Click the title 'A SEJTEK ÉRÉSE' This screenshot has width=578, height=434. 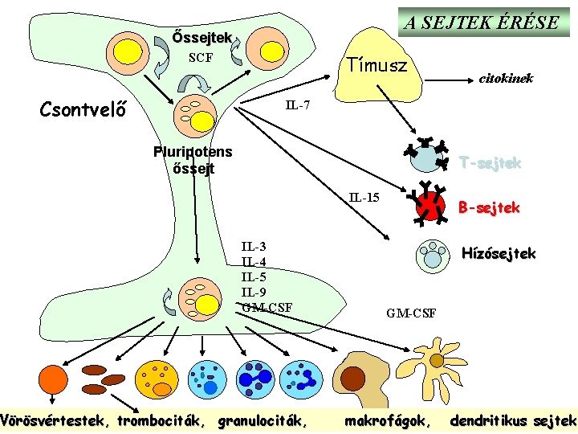coord(482,22)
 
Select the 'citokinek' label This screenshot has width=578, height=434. coord(506,79)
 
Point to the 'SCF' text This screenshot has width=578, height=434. coord(200,58)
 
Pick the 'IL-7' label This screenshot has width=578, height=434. coord(299,106)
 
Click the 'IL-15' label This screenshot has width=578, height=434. coord(364,197)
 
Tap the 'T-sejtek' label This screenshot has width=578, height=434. coord(489,163)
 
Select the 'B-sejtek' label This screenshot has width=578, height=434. coord(489,207)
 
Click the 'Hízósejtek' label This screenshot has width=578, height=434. coord(499,254)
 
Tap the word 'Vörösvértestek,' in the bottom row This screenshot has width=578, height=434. coord(55,420)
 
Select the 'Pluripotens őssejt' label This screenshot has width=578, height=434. coord(193,160)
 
